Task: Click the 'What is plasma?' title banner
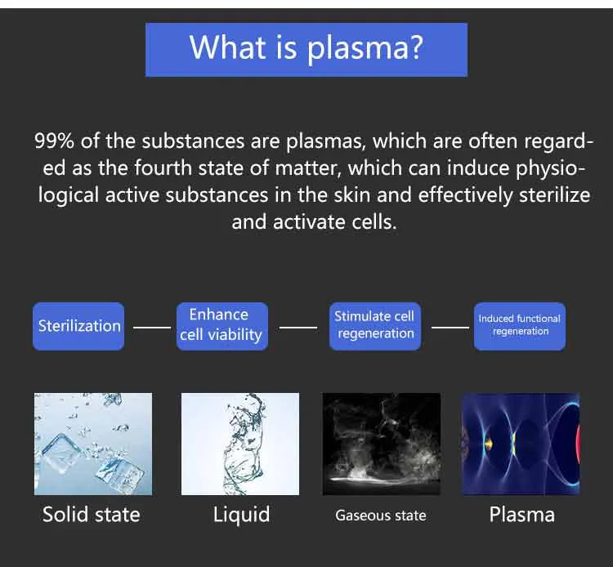[x=306, y=49]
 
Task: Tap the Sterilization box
[x=78, y=326]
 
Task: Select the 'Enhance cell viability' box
[x=219, y=325]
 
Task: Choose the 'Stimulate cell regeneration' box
[x=375, y=325]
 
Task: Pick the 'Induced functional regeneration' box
[x=520, y=325]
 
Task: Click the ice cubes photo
[x=92, y=444]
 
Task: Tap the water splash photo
[x=240, y=444]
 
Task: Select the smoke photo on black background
[x=382, y=444]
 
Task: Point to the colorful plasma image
[x=521, y=444]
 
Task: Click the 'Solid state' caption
[x=92, y=515]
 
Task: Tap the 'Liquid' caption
[x=241, y=515]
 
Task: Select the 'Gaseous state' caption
[x=381, y=516]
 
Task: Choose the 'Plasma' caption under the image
[x=521, y=515]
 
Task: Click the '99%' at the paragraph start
[x=56, y=141]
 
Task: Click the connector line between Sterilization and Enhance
[x=151, y=327]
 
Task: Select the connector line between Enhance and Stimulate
[x=298, y=327]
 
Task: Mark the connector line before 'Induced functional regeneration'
[x=450, y=327]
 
